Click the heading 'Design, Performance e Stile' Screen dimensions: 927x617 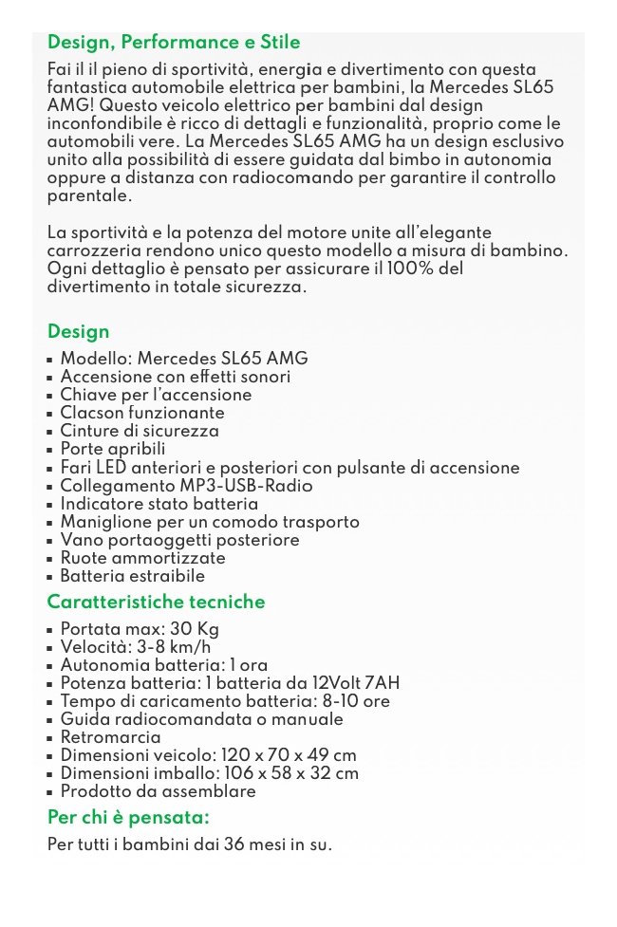[174, 42]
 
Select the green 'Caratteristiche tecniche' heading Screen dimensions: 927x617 [157, 602]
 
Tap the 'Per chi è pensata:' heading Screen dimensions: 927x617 [128, 817]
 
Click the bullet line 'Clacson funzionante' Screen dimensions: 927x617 [142, 413]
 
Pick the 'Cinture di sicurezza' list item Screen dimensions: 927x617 [140, 431]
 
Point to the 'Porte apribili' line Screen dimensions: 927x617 [113, 449]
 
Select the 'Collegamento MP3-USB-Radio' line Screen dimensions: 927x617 [186, 486]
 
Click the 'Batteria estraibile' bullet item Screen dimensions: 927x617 [132, 576]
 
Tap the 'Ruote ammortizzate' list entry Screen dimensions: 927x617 [142, 558]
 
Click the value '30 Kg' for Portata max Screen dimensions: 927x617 [195, 629]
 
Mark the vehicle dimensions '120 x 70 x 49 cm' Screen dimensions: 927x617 [289, 755]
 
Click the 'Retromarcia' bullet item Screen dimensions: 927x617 [110, 737]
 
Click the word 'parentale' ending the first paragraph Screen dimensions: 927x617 [86, 196]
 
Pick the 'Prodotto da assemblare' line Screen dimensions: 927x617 [158, 791]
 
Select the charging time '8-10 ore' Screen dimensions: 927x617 [356, 701]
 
